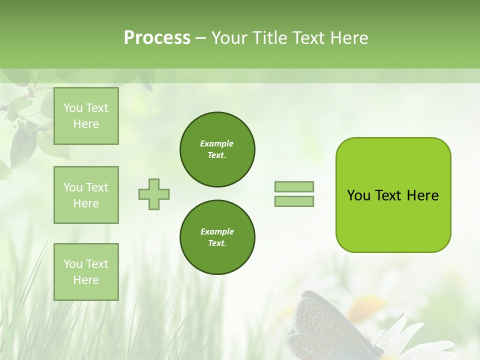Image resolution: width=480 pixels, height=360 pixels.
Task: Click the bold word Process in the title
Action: tap(157, 38)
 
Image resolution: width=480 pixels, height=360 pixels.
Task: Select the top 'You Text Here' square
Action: tap(86, 116)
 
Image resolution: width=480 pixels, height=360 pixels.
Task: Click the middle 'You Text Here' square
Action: tap(86, 195)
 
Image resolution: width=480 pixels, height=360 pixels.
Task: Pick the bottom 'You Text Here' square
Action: tap(86, 272)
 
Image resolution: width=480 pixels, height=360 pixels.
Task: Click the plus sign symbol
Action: tap(154, 194)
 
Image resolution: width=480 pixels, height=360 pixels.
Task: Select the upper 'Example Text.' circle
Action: tap(217, 149)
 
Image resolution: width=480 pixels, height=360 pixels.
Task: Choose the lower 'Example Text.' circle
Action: tap(217, 237)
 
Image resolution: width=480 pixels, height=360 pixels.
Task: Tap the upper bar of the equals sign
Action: tap(294, 186)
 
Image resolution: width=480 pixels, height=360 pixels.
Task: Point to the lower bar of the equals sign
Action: tap(294, 201)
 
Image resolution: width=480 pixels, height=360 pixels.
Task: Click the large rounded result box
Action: tap(393, 195)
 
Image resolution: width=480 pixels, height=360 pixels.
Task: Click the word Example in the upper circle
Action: tap(217, 143)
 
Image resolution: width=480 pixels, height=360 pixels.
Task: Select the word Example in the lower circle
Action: tap(217, 231)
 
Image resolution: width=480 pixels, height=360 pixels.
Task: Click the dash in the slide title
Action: tap(200, 38)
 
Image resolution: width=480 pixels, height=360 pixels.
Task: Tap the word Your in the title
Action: tap(228, 38)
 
